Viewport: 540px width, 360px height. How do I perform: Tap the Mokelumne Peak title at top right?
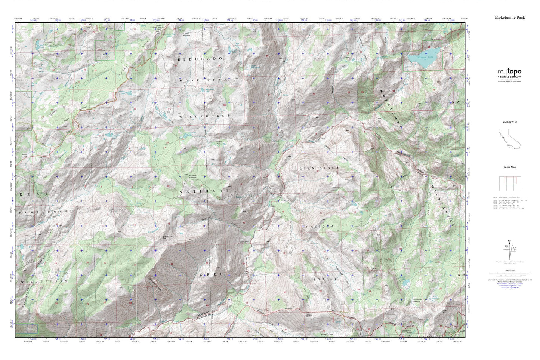click(x=510, y=18)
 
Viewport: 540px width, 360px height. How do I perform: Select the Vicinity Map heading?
click(x=510, y=122)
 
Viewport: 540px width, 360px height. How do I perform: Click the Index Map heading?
click(x=510, y=167)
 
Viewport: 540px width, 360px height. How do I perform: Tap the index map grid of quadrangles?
click(x=510, y=184)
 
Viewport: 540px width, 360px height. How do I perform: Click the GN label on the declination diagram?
click(x=510, y=241)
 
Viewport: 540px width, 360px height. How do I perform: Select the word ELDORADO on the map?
click(x=200, y=59)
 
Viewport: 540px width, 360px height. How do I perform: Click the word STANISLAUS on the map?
click(x=319, y=169)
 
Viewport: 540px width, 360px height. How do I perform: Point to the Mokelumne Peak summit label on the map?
click(x=167, y=237)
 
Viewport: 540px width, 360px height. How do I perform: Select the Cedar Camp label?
click(x=244, y=242)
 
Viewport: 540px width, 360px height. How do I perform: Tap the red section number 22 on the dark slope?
click(x=172, y=264)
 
